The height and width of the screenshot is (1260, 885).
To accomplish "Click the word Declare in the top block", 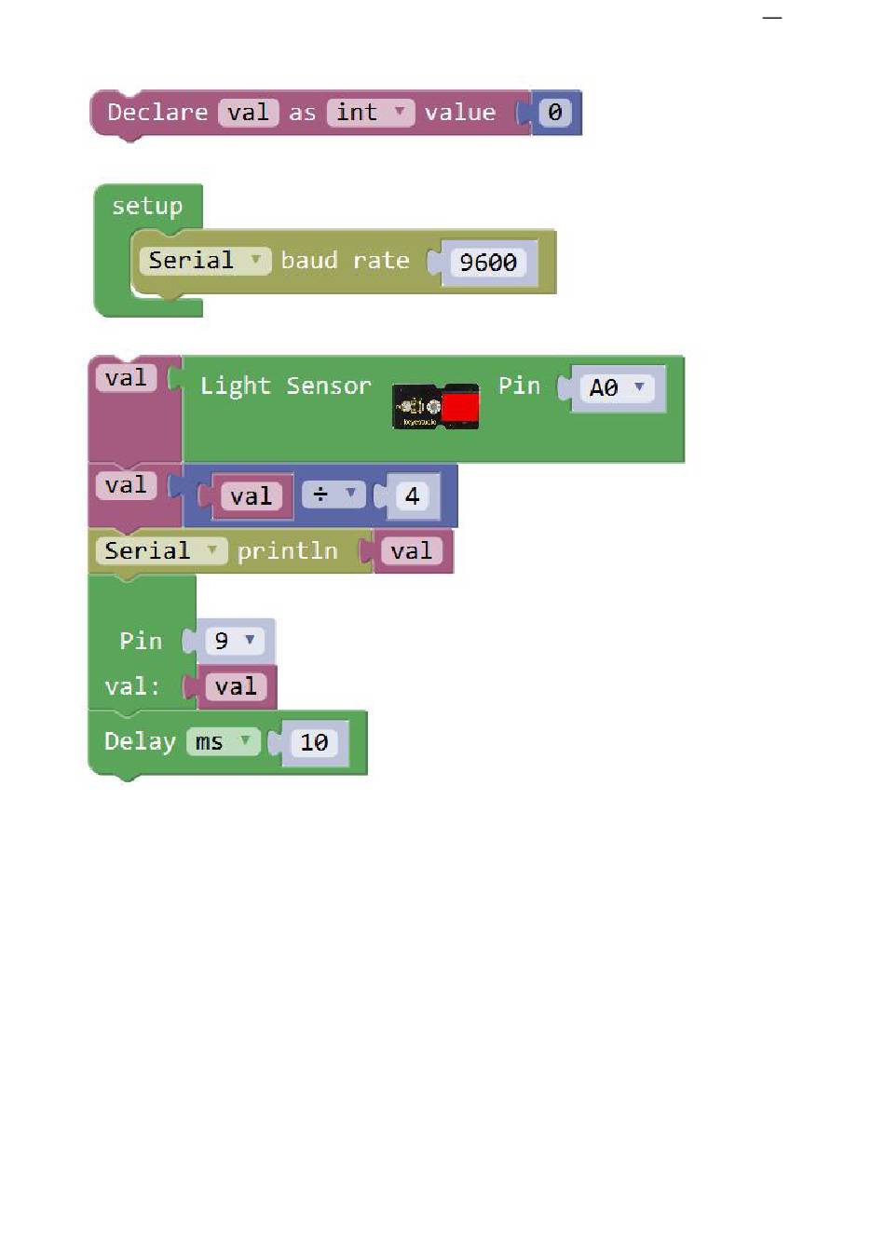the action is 157,113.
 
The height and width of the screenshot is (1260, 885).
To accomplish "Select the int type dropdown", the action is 370,113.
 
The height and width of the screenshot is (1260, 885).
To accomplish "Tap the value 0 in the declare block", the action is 555,113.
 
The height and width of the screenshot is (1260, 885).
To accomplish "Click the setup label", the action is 147,206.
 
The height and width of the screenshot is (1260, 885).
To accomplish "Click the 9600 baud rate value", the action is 488,263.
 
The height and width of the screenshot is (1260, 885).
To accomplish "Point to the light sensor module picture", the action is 435,407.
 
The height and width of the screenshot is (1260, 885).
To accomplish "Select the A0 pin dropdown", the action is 616,387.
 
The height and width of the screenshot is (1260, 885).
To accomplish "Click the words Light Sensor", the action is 285,386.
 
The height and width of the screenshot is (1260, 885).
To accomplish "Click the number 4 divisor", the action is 412,496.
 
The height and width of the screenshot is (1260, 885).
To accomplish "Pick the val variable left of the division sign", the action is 251,496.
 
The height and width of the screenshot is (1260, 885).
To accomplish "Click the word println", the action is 287,551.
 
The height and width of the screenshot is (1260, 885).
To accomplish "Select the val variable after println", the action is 411,551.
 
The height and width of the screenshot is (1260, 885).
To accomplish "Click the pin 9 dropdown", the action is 234,641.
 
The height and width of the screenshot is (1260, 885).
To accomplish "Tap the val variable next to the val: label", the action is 235,687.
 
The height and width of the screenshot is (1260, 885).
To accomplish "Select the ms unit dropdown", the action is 222,742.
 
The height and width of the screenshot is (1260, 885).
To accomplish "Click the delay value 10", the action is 314,742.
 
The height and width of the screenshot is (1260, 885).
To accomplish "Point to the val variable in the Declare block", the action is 248,113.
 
